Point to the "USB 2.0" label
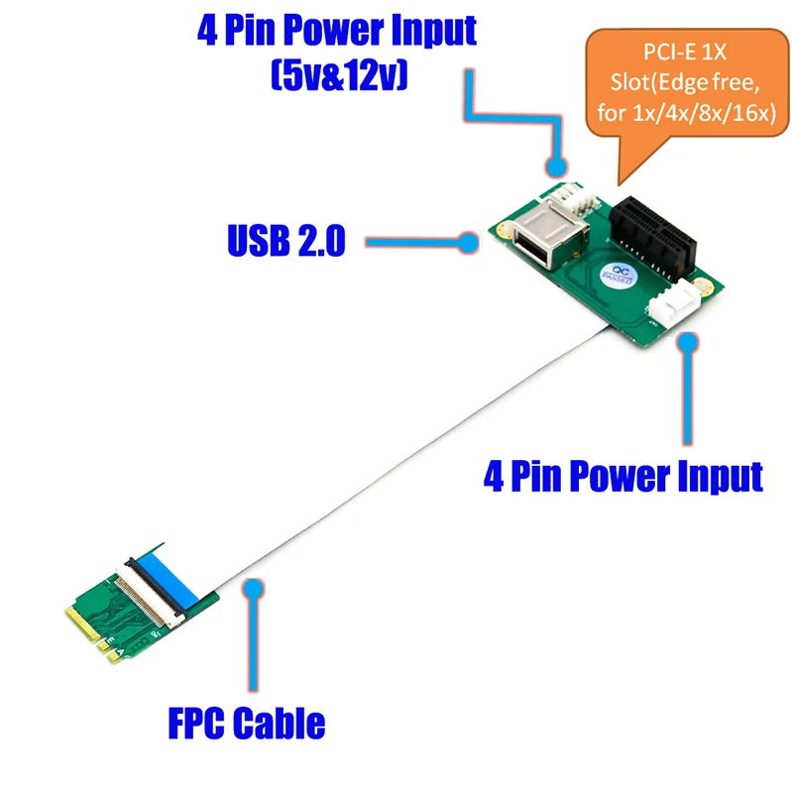(x=285, y=240)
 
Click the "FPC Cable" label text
(x=246, y=723)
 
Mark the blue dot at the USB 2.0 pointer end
(x=470, y=240)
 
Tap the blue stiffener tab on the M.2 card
(x=164, y=573)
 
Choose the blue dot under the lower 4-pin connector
(x=685, y=342)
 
